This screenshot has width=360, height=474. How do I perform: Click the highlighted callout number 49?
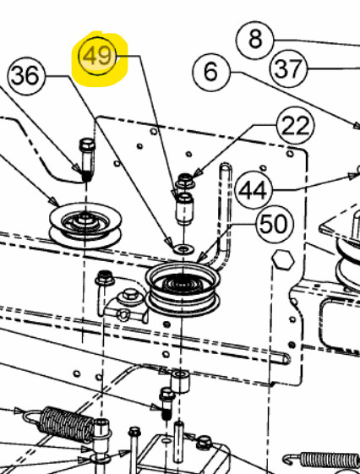(97, 56)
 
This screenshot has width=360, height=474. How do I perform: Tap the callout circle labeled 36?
(25, 75)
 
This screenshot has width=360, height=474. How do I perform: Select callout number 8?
(255, 40)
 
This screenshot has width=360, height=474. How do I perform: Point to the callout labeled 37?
(288, 68)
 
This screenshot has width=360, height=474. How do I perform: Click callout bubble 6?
(211, 73)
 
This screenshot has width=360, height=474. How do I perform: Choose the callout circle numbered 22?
(296, 125)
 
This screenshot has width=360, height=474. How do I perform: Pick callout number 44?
(254, 190)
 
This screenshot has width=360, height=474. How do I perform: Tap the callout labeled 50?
(275, 224)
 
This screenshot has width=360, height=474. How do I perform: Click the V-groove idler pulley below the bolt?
(85, 226)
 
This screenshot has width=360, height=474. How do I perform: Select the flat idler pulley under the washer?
(183, 289)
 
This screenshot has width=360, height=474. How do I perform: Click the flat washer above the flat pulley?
(183, 250)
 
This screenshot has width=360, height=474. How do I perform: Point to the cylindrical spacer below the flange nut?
(184, 209)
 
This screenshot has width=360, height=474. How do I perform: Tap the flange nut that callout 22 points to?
(184, 181)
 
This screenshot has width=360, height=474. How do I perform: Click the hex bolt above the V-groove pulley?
(87, 160)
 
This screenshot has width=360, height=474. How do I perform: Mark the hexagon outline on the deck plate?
(282, 259)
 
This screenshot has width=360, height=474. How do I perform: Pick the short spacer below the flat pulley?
(181, 382)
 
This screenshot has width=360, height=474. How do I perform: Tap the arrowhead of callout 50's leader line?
(199, 259)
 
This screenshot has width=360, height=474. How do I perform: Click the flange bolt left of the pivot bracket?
(104, 292)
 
